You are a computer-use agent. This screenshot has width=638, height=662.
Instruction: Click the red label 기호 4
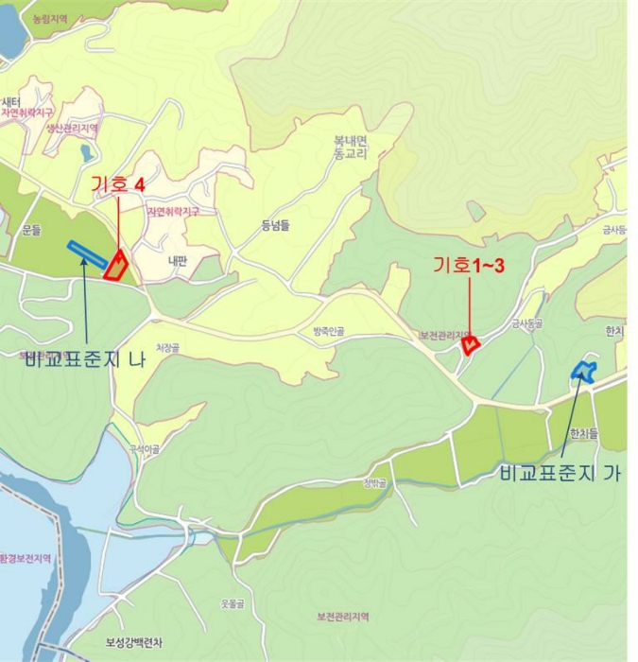pos(117,184)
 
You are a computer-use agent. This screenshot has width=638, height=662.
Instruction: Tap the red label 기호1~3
pos(469,266)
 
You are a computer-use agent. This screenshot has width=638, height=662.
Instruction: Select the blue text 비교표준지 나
pos(85,359)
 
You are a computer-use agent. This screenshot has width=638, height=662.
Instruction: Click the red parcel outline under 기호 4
pos(116,267)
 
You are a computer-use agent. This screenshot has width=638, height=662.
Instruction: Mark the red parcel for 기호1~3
pos(469,345)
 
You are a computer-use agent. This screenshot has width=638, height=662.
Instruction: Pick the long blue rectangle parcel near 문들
pos(87,253)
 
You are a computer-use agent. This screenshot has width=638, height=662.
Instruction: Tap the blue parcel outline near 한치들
pos(583,371)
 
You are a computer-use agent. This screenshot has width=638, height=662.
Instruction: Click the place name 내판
pos(177,262)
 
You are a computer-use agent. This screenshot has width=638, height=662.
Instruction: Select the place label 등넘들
pos(274,225)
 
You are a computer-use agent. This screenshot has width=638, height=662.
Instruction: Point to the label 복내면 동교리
pos(350,147)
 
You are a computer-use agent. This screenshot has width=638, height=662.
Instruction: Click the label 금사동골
pos(527,323)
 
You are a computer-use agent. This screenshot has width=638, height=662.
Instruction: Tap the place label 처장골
pos(166,348)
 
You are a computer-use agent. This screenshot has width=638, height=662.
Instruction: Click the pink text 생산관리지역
pos(73,128)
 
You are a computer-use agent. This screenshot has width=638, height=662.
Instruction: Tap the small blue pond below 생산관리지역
pos(87,152)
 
